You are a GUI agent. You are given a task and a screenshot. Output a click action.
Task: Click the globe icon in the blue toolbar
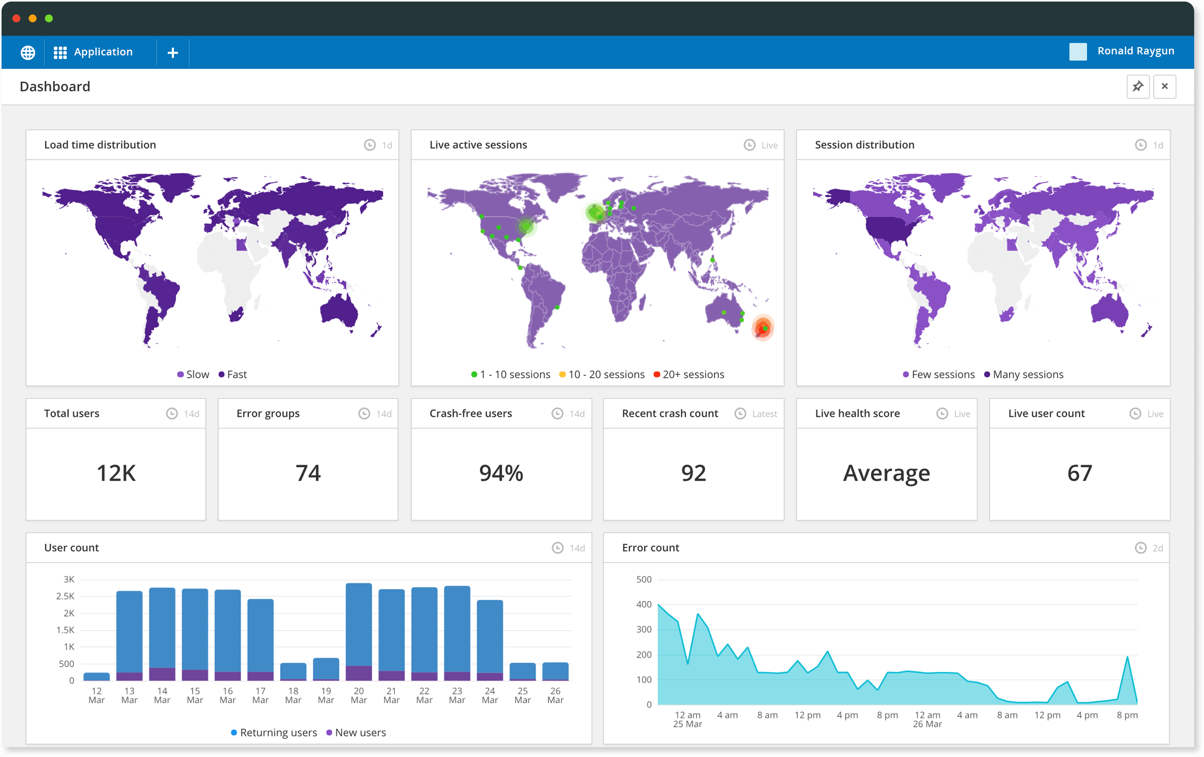pyautogui.click(x=28, y=52)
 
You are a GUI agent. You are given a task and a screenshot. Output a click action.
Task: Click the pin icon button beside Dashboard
pyautogui.click(x=1138, y=86)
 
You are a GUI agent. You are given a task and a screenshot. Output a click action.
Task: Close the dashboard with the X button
pyautogui.click(x=1165, y=86)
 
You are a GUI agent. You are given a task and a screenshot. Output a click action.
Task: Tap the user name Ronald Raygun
pyautogui.click(x=1136, y=51)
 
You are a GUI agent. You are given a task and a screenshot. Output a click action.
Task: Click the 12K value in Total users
pyautogui.click(x=116, y=473)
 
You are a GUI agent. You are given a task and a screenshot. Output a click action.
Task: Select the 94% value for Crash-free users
pyautogui.click(x=501, y=473)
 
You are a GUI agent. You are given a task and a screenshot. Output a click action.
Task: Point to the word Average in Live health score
pyautogui.click(x=886, y=473)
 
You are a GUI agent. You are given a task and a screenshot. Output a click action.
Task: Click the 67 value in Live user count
pyautogui.click(x=1079, y=473)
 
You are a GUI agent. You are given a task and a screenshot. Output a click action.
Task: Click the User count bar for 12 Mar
pyautogui.click(x=97, y=676)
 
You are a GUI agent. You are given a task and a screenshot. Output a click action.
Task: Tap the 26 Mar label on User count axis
pyautogui.click(x=555, y=695)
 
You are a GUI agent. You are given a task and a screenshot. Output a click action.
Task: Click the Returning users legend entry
pyautogui.click(x=274, y=733)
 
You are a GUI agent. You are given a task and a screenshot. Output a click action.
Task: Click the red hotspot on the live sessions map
pyautogui.click(x=762, y=328)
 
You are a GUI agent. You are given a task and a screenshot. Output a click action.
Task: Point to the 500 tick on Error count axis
pyautogui.click(x=644, y=579)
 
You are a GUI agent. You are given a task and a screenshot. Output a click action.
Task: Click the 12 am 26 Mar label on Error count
pyautogui.click(x=927, y=719)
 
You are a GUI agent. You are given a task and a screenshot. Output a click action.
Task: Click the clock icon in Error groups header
pyautogui.click(x=364, y=414)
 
